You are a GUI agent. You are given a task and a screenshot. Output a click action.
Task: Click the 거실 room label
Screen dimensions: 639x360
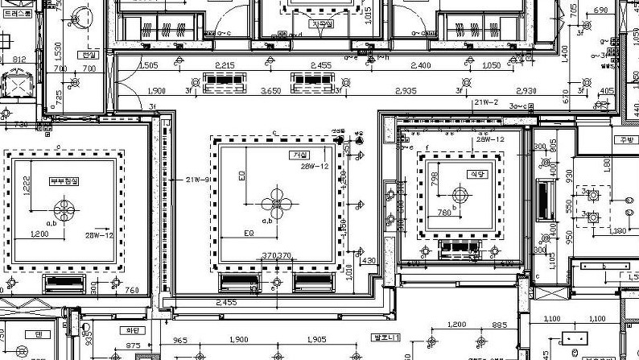(301, 155)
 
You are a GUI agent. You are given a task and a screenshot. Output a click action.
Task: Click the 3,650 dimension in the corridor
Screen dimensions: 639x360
(270, 91)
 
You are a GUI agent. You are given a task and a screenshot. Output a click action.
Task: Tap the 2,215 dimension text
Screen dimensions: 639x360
(225, 65)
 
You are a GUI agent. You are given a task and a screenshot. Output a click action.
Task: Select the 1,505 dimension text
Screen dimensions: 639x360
(148, 65)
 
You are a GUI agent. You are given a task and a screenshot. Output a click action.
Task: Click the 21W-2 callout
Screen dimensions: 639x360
(486, 103)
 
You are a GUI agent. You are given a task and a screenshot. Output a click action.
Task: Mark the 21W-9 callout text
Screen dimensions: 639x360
(198, 179)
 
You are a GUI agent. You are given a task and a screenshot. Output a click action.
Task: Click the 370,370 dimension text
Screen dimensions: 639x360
(277, 255)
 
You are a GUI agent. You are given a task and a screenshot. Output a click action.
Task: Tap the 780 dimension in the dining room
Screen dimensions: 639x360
(443, 213)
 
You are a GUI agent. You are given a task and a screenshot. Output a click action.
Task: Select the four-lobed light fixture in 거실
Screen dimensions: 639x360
(276, 202)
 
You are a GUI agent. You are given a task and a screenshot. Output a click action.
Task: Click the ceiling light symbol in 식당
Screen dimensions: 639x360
(460, 194)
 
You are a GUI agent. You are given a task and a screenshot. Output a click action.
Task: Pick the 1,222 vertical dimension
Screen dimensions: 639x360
(27, 184)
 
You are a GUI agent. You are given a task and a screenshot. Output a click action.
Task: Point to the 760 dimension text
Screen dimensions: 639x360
(132, 290)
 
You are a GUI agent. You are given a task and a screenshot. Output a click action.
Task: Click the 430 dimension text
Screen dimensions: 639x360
(369, 261)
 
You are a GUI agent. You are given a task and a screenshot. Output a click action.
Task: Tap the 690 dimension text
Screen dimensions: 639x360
(601, 10)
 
